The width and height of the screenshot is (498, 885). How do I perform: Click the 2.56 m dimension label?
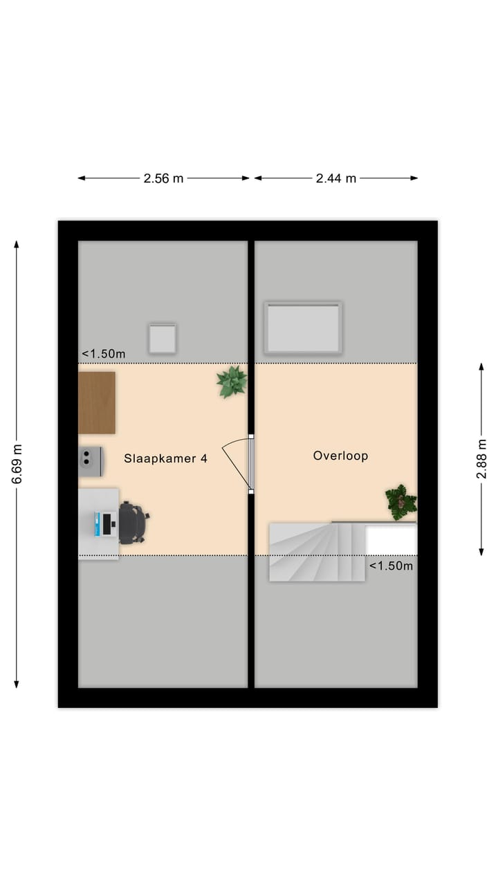[163, 178]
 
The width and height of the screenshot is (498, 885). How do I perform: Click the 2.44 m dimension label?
[336, 178]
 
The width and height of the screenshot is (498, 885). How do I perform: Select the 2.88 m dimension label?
[481, 459]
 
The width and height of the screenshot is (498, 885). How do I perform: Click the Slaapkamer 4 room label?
[165, 458]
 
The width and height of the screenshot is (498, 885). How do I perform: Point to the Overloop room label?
[340, 456]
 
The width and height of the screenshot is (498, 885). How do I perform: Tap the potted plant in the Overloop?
[401, 501]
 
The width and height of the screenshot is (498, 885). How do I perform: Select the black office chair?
[133, 523]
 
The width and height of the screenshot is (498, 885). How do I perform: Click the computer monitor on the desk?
[106, 523]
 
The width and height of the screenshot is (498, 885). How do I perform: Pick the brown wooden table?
[97, 402]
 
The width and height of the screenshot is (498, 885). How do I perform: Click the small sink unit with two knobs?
[91, 461]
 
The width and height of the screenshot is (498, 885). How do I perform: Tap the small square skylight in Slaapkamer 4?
[162, 339]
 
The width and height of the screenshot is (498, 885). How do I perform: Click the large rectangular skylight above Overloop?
[304, 328]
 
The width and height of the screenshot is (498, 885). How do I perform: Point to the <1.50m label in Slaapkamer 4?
[104, 354]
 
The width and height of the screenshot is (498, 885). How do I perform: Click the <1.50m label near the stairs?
[391, 566]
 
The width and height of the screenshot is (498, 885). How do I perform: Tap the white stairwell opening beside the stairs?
[391, 539]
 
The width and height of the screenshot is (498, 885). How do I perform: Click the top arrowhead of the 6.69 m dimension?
[17, 244]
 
